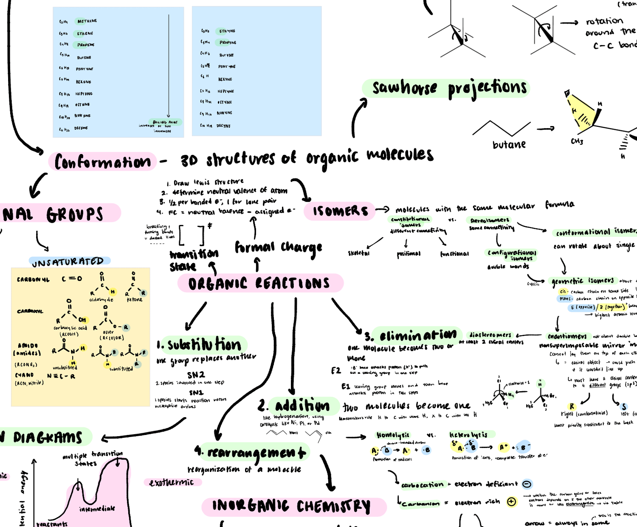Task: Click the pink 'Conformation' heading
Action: pyautogui.click(x=102, y=162)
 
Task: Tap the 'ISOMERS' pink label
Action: pyautogui.click(x=340, y=211)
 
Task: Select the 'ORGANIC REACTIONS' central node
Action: pyautogui.click(x=259, y=283)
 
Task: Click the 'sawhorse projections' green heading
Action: pyautogui.click(x=449, y=88)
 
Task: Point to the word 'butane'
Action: pyautogui.click(x=509, y=145)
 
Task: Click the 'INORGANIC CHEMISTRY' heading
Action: pyautogui.click(x=291, y=506)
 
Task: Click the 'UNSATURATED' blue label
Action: pyautogui.click(x=68, y=262)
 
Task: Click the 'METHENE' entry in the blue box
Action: pyautogui.click(x=87, y=21)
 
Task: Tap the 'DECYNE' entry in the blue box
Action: pyautogui.click(x=223, y=126)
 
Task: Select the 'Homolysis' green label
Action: pyautogui.click(x=393, y=435)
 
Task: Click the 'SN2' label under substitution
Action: pyautogui.click(x=196, y=375)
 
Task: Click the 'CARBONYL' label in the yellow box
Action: pyautogui.click(x=33, y=280)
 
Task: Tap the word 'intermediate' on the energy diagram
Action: pyautogui.click(x=97, y=508)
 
